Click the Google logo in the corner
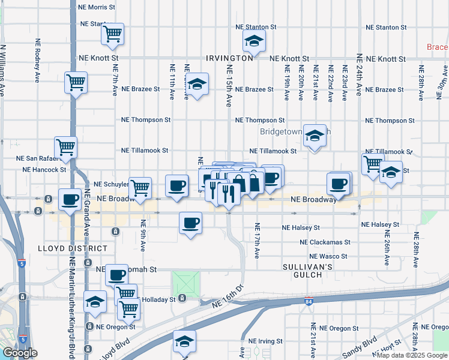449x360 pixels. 20,353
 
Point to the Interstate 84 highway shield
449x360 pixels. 309,301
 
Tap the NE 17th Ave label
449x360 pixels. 257,241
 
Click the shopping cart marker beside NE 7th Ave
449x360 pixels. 112,34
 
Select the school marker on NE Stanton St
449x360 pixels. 254,41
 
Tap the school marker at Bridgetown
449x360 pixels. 314,136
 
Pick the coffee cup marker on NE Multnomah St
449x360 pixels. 116,275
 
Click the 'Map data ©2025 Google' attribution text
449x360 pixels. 411,355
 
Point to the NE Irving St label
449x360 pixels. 263,341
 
